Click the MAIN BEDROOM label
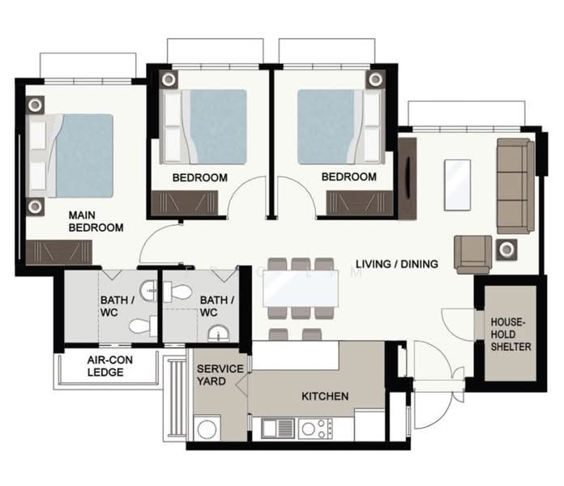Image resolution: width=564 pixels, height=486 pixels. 96,221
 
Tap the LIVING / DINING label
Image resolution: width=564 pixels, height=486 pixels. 397,264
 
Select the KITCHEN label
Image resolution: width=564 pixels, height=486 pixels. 325,396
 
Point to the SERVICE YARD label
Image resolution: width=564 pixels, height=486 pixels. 220,374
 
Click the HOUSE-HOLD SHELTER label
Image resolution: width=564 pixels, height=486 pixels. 511,335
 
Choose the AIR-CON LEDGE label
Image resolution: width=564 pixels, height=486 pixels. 109,366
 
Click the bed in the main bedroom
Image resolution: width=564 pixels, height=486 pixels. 70,156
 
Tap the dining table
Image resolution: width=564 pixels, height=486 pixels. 301,288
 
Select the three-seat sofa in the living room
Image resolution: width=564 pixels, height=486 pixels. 515,186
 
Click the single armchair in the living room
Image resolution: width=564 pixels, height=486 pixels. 472,254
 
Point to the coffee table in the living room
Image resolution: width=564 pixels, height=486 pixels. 458,185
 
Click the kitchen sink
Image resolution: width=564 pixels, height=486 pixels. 277,428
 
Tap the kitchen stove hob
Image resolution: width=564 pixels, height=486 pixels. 315,428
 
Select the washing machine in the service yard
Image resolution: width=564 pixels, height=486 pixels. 207,428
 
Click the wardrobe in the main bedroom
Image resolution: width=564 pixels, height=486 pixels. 59,253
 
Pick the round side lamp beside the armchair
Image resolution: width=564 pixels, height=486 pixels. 506,249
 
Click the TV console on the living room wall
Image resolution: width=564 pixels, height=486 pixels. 408,178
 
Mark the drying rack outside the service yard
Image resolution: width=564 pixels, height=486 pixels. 176,399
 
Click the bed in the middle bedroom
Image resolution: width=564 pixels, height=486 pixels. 203,127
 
